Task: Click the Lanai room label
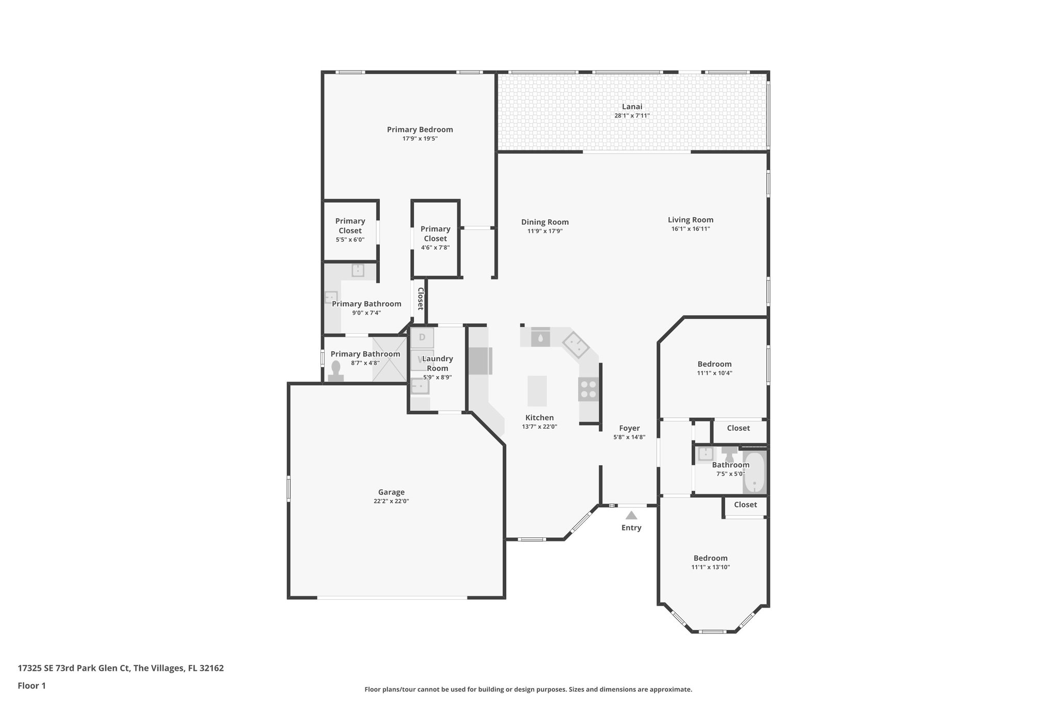pyautogui.click(x=632, y=107)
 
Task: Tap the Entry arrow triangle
pyautogui.click(x=631, y=515)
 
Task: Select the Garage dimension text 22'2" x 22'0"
pyautogui.click(x=391, y=501)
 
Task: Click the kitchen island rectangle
pyautogui.click(x=537, y=391)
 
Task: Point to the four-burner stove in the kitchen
pyautogui.click(x=588, y=389)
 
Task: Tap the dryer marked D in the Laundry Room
pyautogui.click(x=422, y=338)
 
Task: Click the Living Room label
pyautogui.click(x=690, y=220)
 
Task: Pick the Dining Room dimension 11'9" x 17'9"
pyautogui.click(x=544, y=231)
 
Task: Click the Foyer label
pyautogui.click(x=629, y=428)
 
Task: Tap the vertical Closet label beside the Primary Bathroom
pyautogui.click(x=420, y=299)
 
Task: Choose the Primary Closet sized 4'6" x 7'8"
pyautogui.click(x=435, y=238)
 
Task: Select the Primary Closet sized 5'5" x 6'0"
pyautogui.click(x=350, y=230)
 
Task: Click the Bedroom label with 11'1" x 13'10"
pyautogui.click(x=710, y=558)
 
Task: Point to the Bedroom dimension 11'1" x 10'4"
pyautogui.click(x=714, y=373)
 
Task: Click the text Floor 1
pyautogui.click(x=31, y=686)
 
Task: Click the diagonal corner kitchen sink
pyautogui.click(x=575, y=346)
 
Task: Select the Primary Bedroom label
pyautogui.click(x=420, y=129)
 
